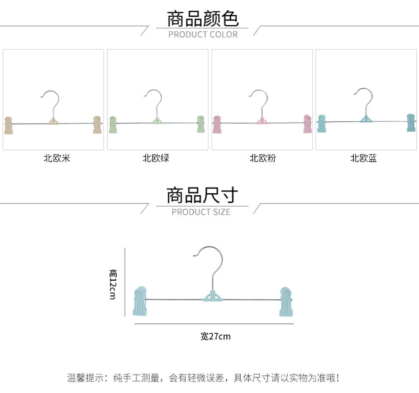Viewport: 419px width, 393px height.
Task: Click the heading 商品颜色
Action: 203,18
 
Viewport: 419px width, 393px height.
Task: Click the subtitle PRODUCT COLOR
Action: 203,35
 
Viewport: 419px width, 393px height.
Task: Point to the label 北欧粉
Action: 263,158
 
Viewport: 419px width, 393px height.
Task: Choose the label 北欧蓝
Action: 364,158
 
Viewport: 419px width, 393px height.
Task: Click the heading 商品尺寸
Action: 202,195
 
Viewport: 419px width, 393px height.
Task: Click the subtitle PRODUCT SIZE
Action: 201,212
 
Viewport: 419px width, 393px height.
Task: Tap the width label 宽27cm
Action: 215,336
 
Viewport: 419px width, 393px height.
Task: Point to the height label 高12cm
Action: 113,284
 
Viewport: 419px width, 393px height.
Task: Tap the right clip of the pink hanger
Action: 308,124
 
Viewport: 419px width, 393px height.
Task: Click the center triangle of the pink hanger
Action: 261,121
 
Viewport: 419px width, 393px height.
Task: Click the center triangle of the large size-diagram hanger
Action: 212,298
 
